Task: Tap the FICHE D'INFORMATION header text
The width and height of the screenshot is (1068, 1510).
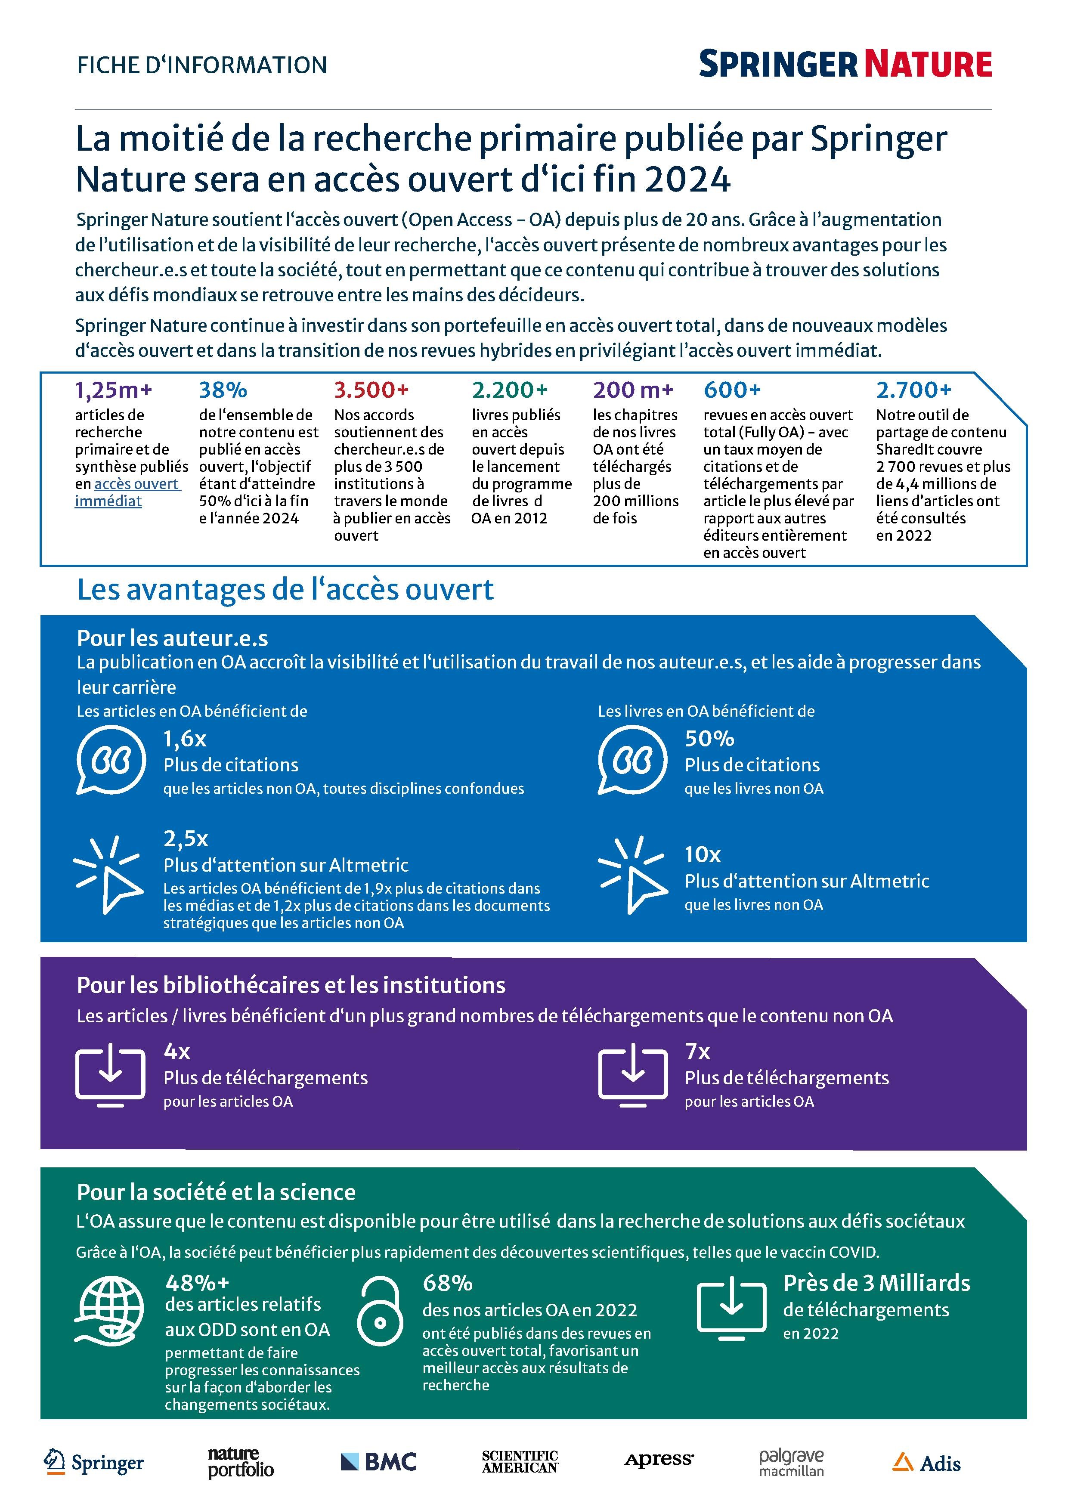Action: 202,65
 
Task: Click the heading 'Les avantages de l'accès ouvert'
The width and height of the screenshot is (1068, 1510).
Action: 285,590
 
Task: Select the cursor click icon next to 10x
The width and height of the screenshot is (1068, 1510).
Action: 632,875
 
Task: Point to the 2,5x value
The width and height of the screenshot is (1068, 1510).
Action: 186,839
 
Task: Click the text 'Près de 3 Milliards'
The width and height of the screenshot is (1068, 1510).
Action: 876,1283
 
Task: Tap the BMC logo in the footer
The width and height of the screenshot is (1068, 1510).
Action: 379,1462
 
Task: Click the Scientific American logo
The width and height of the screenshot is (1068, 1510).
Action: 520,1462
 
